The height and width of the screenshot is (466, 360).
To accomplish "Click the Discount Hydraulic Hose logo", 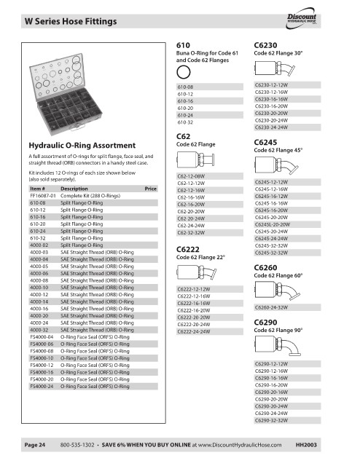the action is coord(301,18).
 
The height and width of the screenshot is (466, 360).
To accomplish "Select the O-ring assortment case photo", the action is coord(66,95).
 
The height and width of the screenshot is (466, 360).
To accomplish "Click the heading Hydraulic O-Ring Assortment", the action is coord(82,146).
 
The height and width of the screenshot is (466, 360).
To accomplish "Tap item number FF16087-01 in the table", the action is coord(43,196).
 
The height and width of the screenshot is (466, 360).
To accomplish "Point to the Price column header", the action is coord(151,189).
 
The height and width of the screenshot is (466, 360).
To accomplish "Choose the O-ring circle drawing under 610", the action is coord(183,72).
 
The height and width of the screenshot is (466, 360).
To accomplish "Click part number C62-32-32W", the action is coord(191,233).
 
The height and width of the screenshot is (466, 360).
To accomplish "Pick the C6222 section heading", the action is coord(188,249).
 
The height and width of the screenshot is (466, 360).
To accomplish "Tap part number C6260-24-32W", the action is coord(271,307).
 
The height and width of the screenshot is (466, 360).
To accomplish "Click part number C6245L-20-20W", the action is coord(273,224).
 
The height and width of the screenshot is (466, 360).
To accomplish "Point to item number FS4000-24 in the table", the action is coord(42,387).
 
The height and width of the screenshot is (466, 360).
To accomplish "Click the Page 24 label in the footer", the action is coord(35,445).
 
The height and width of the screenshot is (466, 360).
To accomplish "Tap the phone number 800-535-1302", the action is coord(77,445).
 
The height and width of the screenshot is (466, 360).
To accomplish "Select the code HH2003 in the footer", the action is coord(306,445).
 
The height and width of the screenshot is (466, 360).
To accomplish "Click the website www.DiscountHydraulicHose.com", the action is coord(240,445).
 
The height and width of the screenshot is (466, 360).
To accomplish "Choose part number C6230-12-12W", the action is coord(271,85).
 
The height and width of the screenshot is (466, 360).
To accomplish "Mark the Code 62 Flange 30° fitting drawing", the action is coord(275,68).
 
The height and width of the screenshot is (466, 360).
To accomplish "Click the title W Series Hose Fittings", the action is coord(71,21).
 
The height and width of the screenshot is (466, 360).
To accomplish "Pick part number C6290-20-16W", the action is coord(271,392).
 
